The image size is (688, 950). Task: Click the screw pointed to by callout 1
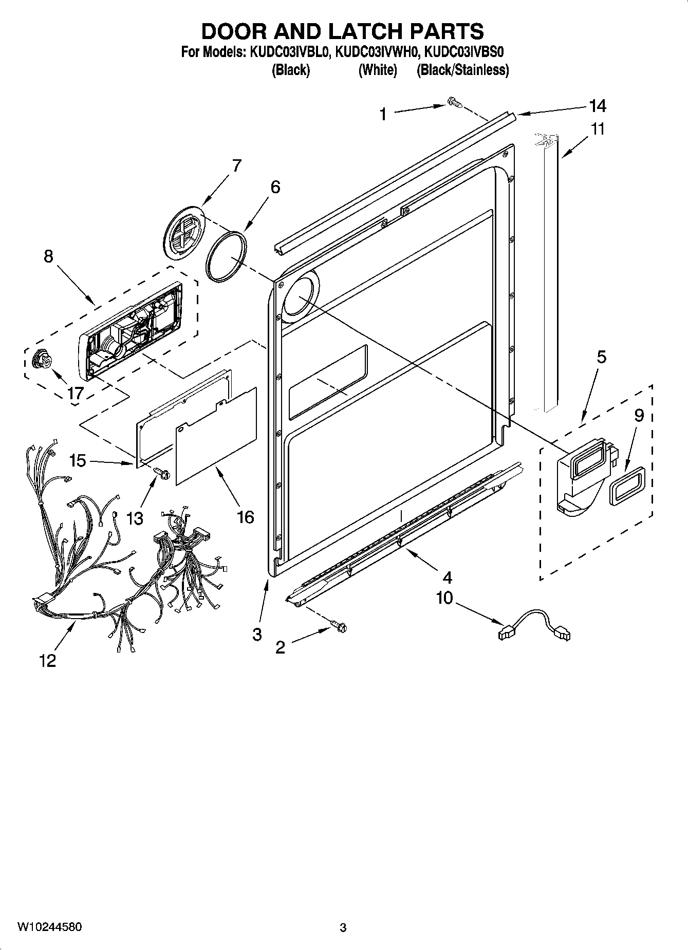point(454,102)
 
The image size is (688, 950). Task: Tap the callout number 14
point(598,106)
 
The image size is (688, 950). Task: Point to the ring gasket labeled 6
point(225,256)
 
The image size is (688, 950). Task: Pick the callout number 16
point(246,517)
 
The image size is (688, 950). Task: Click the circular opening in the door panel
point(299,297)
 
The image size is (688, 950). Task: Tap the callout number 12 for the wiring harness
point(47,660)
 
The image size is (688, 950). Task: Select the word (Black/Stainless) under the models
point(462,70)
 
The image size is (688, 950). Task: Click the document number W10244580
point(49,927)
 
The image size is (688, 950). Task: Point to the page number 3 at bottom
point(343,927)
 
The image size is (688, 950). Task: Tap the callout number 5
point(602,356)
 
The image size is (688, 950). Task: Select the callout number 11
point(598,128)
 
